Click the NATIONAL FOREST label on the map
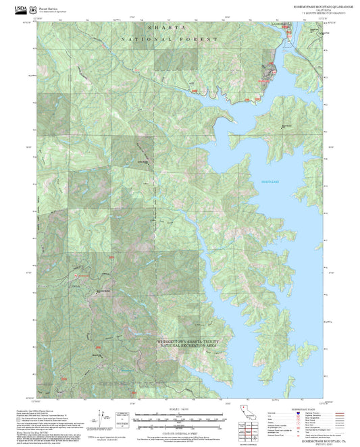(x=169, y=40)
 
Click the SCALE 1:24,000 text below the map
(x=179, y=409)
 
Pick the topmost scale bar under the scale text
(x=179, y=414)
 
